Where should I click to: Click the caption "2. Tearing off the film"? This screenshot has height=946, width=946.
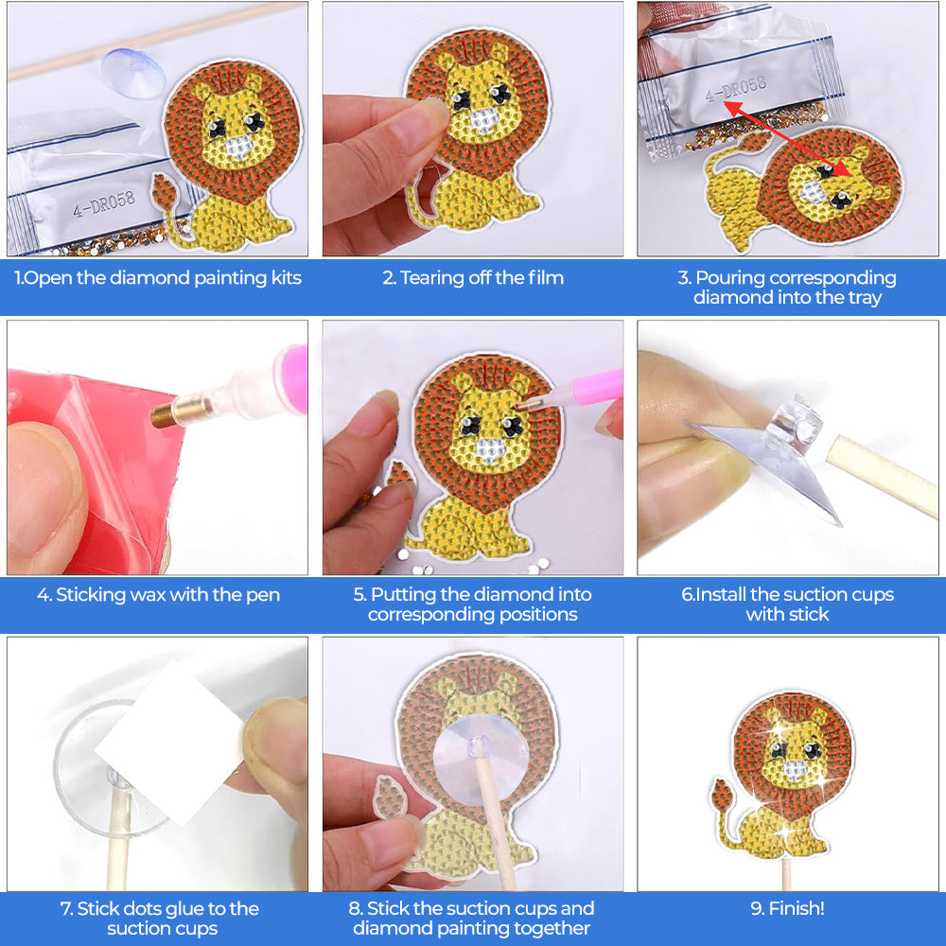point(473,278)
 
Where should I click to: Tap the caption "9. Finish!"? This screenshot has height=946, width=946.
point(787,908)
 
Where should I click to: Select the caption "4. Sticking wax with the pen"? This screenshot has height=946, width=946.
point(158,595)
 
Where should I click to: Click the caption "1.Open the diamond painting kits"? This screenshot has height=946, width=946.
point(158,278)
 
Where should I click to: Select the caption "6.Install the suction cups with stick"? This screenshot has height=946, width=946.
point(787,604)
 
